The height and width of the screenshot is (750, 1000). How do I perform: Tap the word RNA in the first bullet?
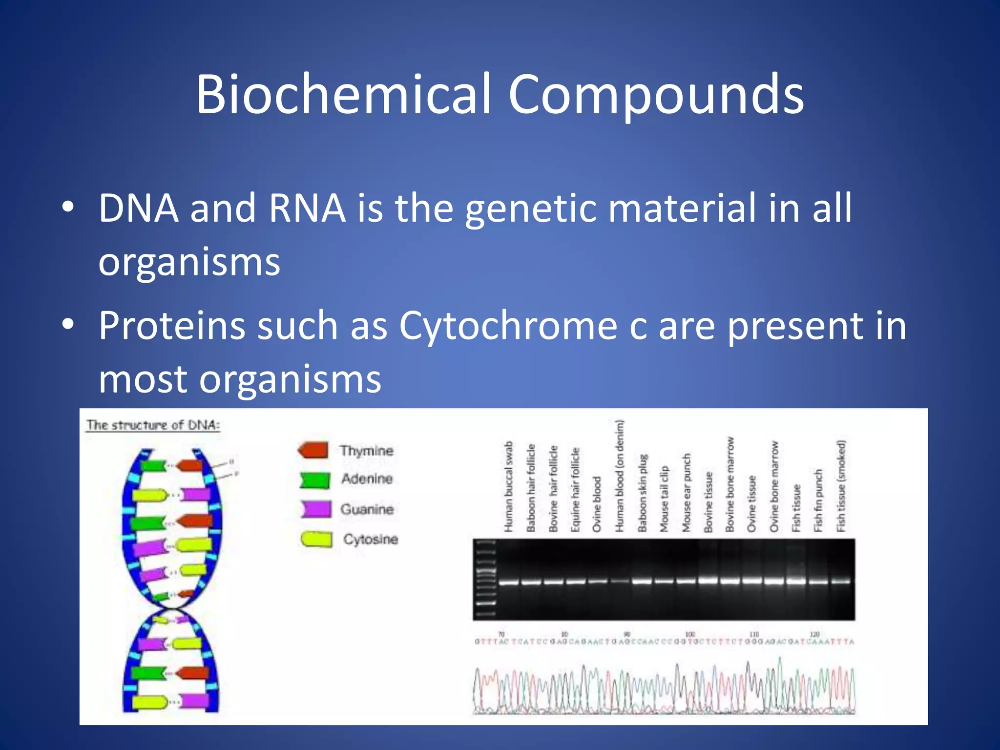307,208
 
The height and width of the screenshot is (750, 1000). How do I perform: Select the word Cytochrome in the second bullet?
508,326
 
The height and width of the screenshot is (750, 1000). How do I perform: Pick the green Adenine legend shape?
314,480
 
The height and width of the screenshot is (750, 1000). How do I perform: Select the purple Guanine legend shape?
316,509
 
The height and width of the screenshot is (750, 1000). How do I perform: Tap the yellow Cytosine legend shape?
316,539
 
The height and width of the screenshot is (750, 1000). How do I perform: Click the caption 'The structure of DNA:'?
153,425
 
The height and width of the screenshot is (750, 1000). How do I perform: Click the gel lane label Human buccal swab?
509,486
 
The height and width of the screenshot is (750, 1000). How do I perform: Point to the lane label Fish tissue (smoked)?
841,486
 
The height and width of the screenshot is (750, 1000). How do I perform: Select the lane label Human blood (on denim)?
619,476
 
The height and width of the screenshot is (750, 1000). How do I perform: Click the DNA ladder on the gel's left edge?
486,579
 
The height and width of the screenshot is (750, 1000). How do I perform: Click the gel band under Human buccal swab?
509,582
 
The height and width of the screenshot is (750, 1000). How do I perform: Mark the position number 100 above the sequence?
689,634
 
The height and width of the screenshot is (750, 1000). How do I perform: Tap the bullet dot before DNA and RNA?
68,208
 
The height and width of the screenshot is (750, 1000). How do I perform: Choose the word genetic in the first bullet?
530,208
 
